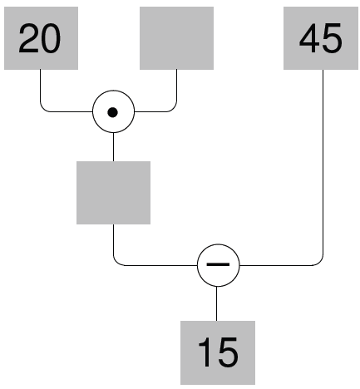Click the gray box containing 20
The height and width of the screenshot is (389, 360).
click(41, 38)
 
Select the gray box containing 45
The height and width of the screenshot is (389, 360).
click(321, 38)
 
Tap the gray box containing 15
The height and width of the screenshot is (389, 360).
click(218, 352)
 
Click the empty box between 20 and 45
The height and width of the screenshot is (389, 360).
click(176, 38)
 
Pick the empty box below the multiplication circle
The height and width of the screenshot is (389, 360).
click(113, 193)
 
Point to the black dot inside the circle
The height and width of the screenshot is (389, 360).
click(112, 112)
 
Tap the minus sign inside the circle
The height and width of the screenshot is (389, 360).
click(218, 264)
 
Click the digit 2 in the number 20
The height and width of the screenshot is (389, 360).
click(29, 38)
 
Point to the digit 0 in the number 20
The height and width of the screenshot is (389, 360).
click(50, 38)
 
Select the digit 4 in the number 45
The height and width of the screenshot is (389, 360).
click(309, 38)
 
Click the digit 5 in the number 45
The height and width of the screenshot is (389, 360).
click(332, 38)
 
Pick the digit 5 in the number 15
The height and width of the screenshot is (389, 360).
click(228, 352)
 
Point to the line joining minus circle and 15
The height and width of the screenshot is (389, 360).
click(216, 303)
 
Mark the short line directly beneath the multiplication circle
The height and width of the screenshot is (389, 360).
click(113, 147)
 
